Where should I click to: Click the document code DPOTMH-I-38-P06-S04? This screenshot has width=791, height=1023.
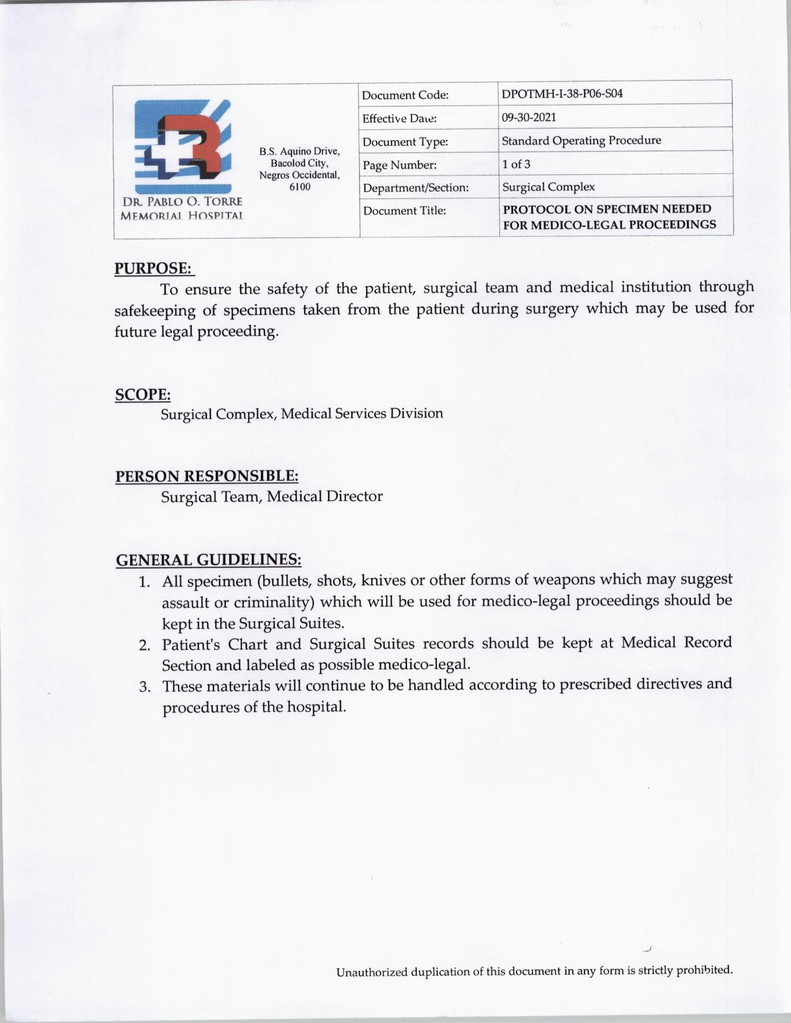[562, 94]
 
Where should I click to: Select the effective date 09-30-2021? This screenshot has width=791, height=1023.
[529, 117]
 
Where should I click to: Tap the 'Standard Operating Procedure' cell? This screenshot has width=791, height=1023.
[581, 141]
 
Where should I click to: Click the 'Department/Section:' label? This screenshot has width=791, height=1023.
[416, 187]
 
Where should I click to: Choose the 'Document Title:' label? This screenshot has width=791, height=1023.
[404, 211]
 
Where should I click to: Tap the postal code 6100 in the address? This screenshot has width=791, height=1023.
[300, 187]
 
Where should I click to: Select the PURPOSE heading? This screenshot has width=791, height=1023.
[154, 268]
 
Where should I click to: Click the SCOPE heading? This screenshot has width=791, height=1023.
[143, 395]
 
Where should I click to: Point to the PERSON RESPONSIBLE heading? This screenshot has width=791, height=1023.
[207, 476]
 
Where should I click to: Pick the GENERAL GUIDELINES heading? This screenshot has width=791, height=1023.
[209, 560]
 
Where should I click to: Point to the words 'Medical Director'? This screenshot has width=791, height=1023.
[325, 497]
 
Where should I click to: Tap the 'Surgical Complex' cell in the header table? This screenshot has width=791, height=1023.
[548, 187]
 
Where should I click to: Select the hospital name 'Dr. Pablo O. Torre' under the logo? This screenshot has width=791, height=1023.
[182, 202]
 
